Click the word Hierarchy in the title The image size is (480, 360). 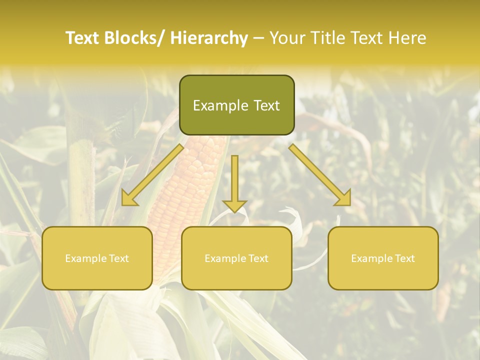tap(209, 38)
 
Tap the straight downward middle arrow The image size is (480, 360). tap(234, 180)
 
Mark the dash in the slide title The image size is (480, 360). tap(258, 38)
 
